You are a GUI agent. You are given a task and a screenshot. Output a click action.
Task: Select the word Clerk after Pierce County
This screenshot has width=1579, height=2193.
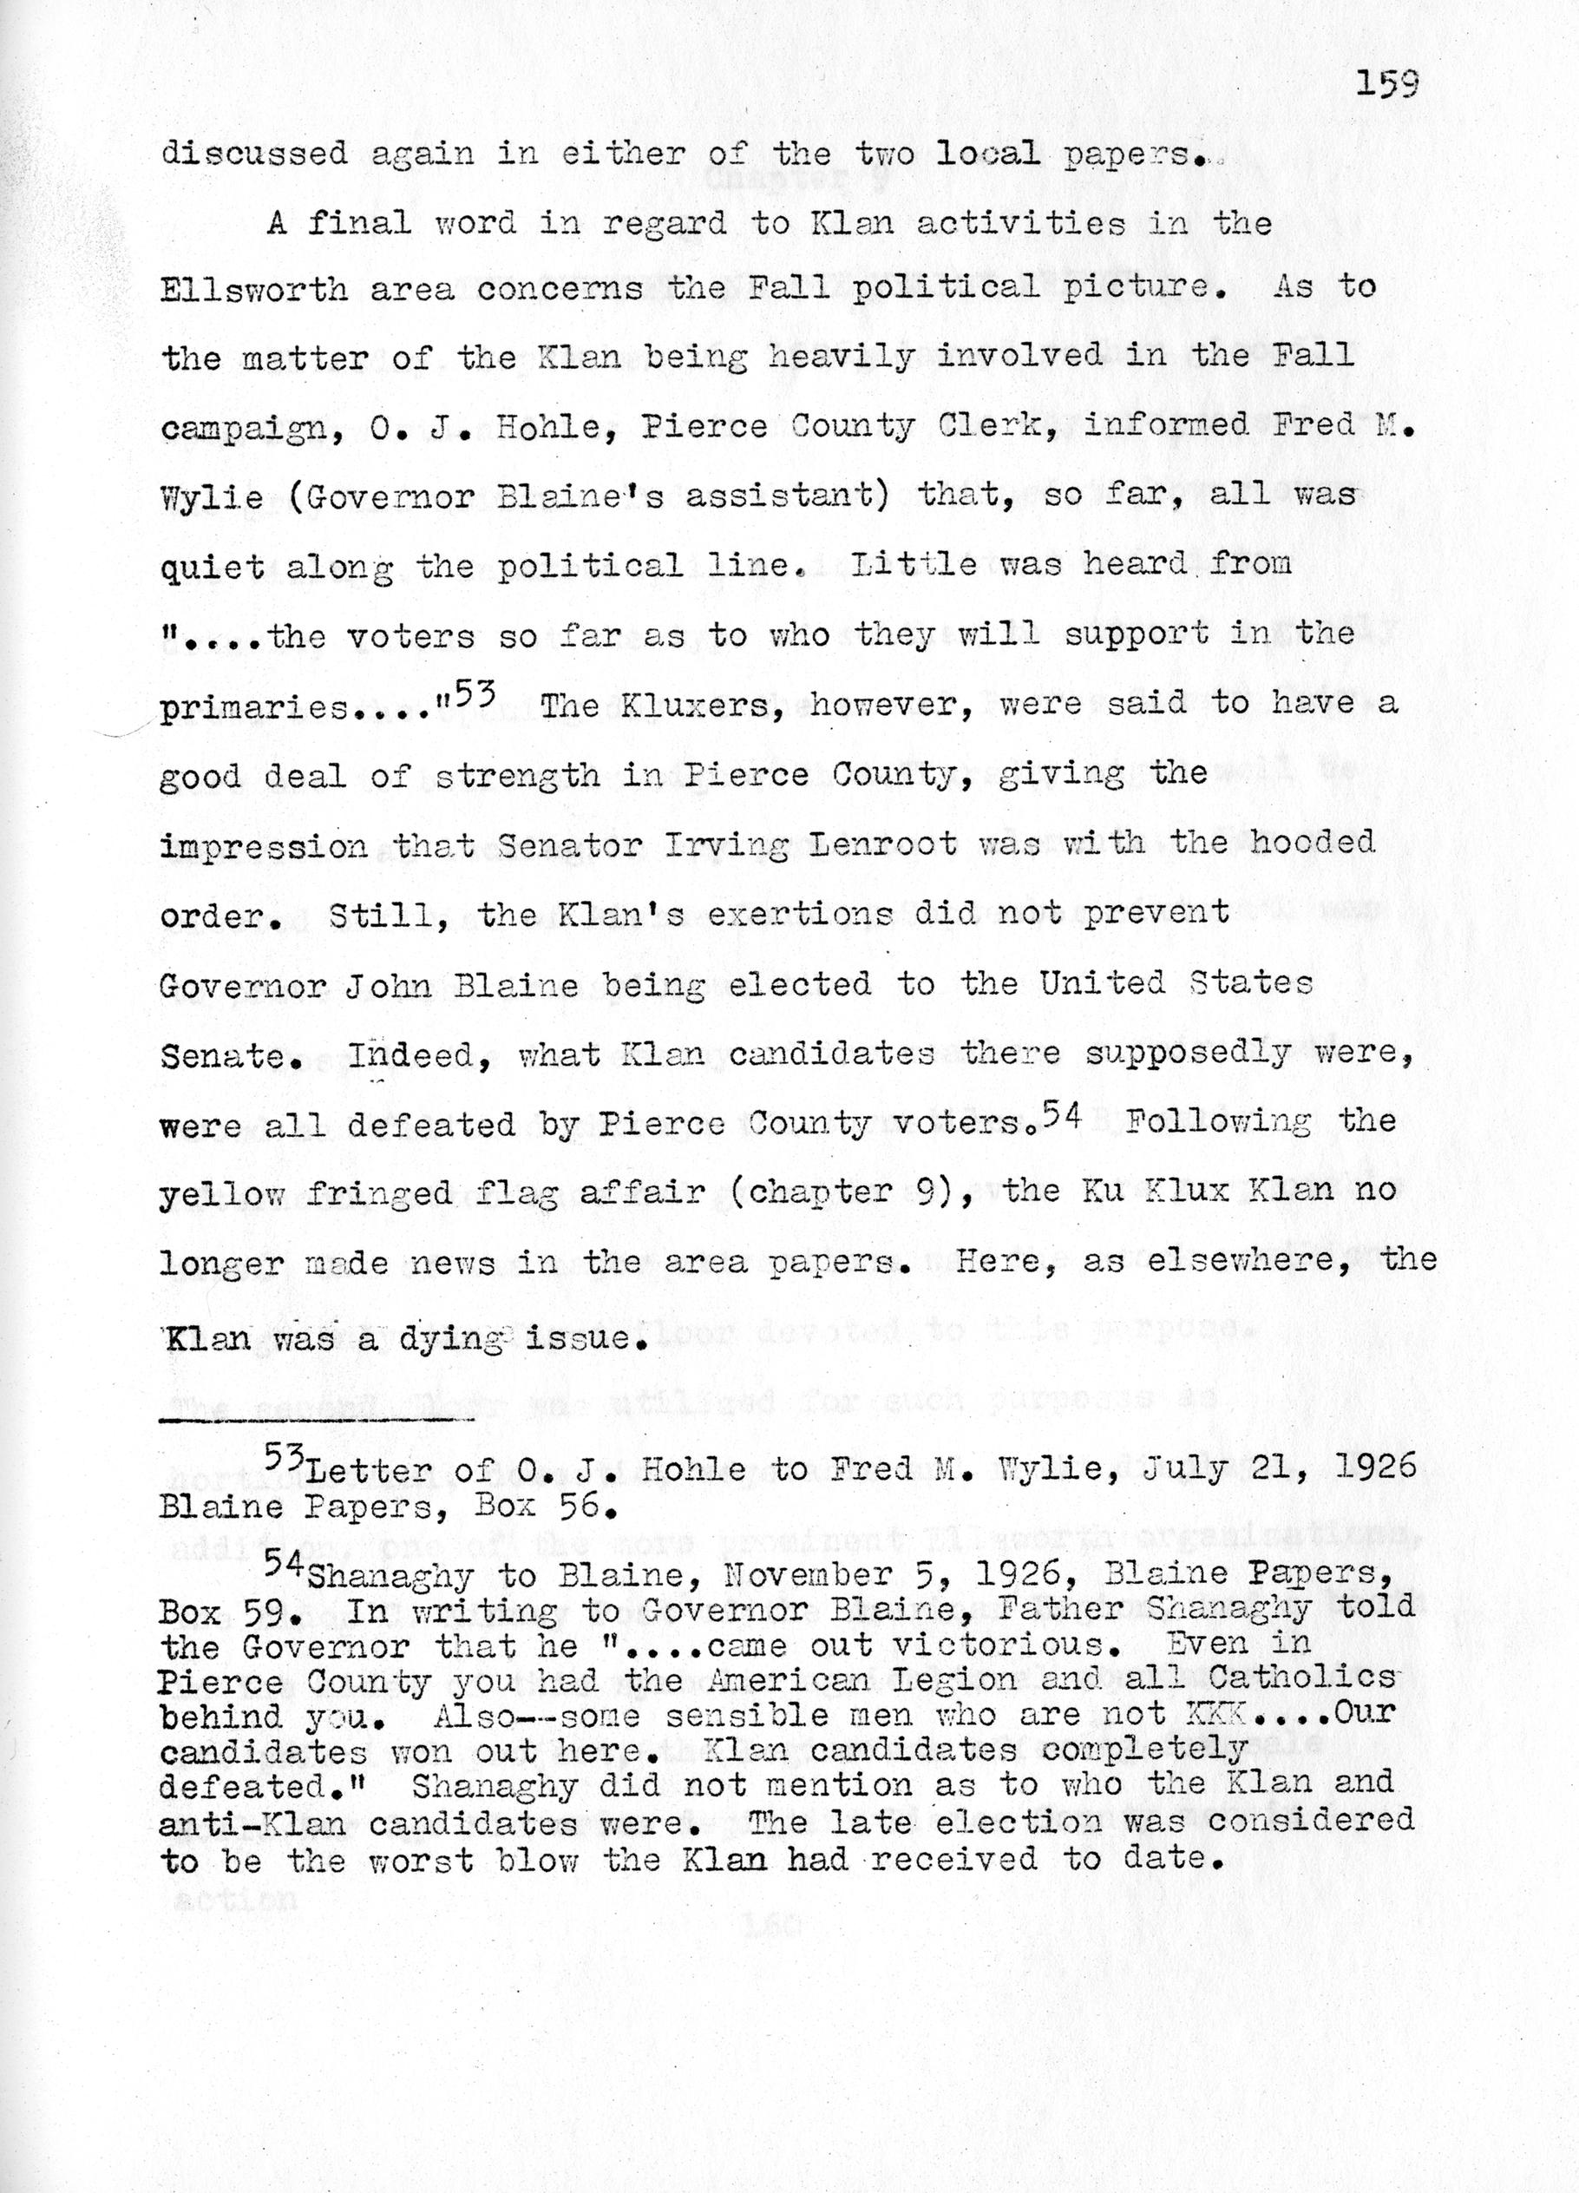click(x=993, y=426)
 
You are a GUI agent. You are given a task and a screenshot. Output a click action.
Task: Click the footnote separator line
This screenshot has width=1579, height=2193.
click(x=316, y=1420)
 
